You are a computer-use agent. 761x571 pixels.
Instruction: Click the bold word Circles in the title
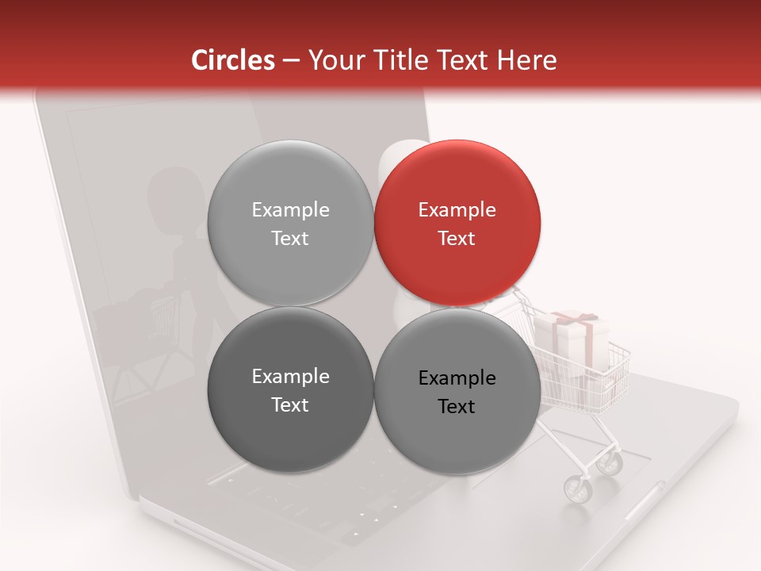point(233,60)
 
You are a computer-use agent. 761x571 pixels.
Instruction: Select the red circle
point(457,223)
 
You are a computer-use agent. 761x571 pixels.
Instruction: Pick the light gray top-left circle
point(290,223)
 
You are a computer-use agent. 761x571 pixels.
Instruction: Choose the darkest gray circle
point(290,390)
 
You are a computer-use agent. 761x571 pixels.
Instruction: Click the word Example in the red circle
point(457,209)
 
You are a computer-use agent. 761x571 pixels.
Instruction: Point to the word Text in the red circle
point(457,238)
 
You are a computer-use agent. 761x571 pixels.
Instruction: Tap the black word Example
point(457,378)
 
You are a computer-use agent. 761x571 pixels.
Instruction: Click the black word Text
point(457,407)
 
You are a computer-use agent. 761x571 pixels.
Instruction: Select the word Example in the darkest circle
point(290,377)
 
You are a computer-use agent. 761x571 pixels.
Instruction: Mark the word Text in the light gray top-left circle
point(290,238)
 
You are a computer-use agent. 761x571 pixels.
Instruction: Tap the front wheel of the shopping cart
point(578,489)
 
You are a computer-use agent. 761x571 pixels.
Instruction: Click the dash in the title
point(291,60)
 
